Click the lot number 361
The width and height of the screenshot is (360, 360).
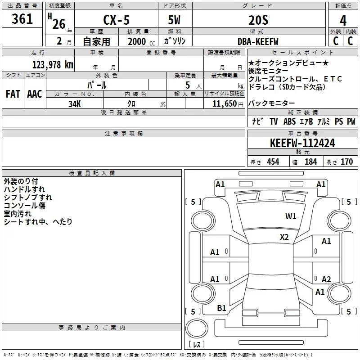[22, 19]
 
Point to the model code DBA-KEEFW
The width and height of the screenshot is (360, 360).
[258, 41]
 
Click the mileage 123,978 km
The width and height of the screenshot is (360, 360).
[53, 64]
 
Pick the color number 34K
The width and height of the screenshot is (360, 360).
[75, 103]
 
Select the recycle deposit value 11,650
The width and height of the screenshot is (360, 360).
[222, 103]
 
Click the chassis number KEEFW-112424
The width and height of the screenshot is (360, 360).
[302, 143]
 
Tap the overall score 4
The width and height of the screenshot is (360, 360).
[343, 21]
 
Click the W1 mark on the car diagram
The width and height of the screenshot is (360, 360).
[291, 216]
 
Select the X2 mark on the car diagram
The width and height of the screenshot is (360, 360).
[284, 237]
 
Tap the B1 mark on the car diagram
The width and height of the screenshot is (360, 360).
[221, 308]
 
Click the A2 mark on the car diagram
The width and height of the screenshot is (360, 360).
[326, 279]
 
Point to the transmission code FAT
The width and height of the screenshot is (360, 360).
[13, 94]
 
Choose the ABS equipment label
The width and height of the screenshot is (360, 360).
[289, 121]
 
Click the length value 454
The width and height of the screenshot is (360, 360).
[273, 162]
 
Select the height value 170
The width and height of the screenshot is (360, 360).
[346, 162]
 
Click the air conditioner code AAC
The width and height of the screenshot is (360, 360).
[35, 94]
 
